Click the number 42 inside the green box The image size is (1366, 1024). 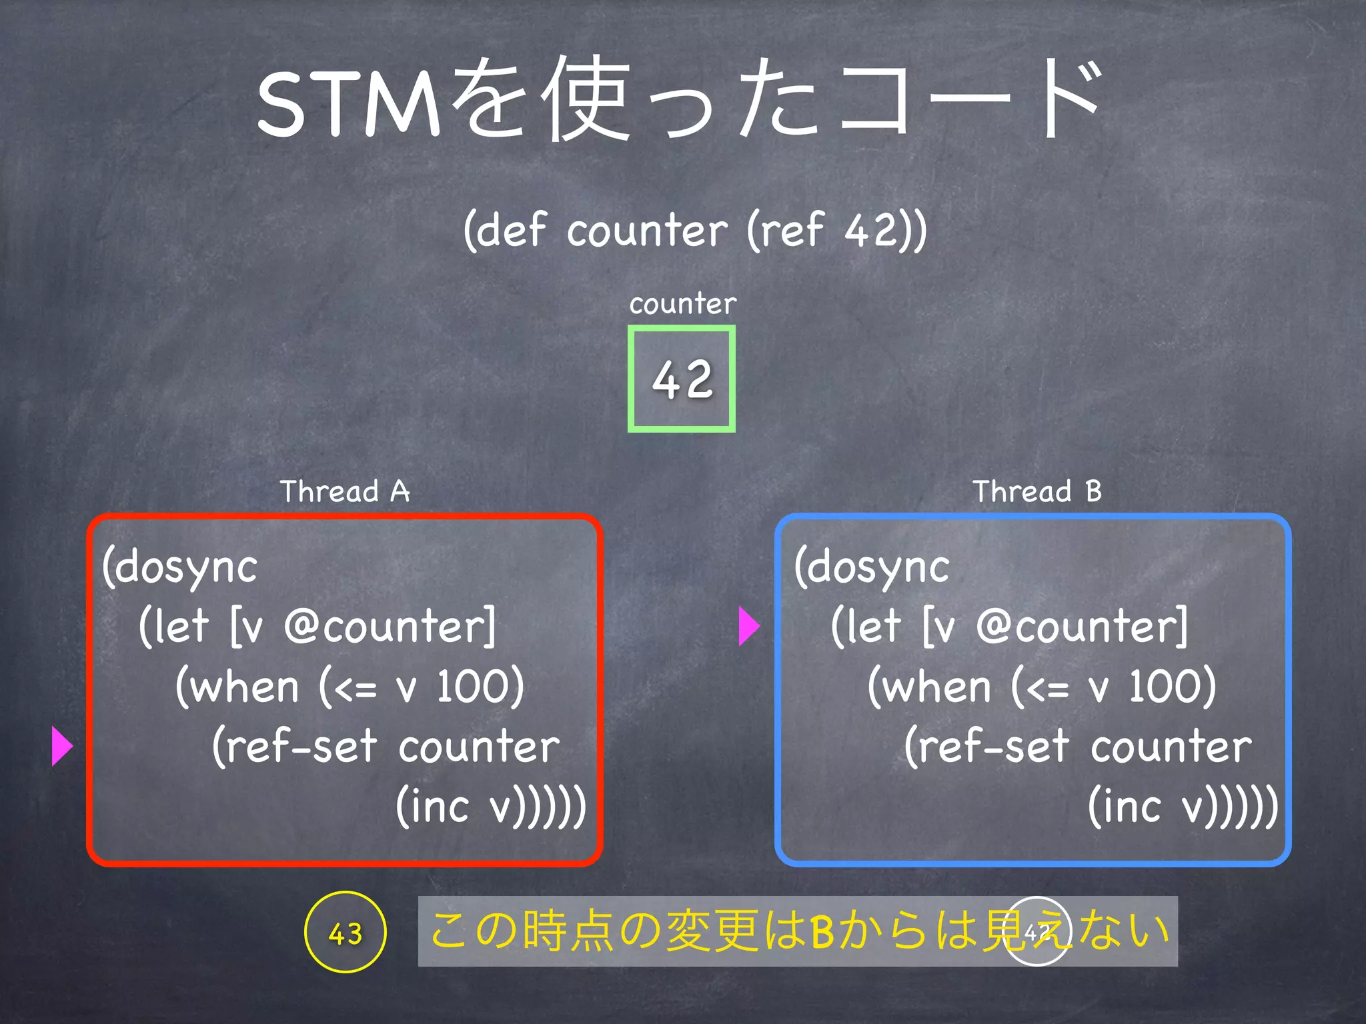tap(682, 379)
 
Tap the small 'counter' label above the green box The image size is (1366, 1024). tap(682, 304)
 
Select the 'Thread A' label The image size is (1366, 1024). tap(344, 492)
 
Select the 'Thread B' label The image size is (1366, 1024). tap(1037, 492)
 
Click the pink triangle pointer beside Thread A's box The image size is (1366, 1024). tap(61, 746)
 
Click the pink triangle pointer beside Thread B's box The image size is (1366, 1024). tap(749, 626)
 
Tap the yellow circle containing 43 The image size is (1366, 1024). tap(345, 933)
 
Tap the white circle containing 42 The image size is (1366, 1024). tap(1037, 932)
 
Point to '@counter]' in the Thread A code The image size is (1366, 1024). tap(390, 627)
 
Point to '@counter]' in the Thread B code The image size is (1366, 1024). tap(1082, 627)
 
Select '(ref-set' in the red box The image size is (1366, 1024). tap(295, 746)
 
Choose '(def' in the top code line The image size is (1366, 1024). tap(505, 231)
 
